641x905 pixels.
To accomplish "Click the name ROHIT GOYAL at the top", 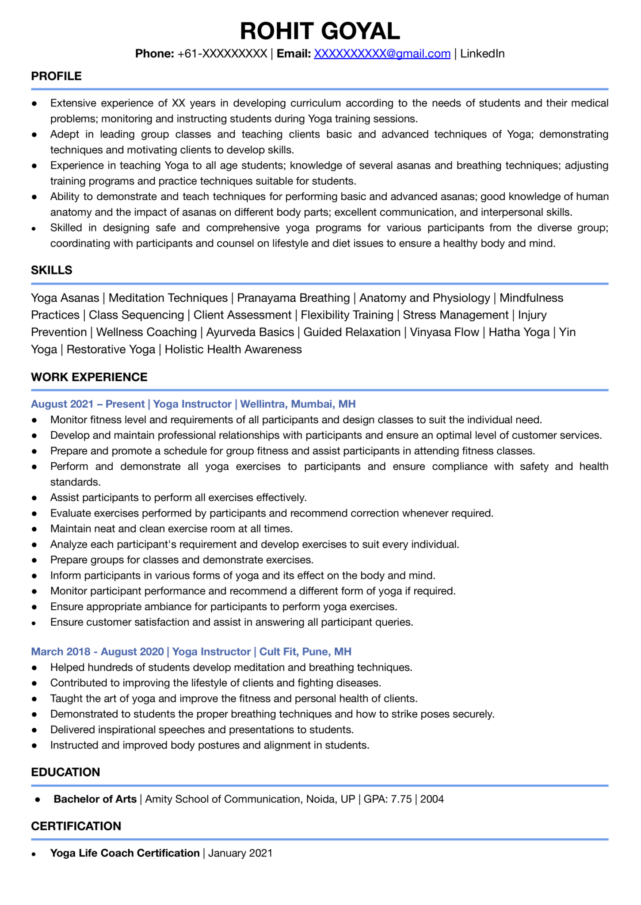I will tap(320, 31).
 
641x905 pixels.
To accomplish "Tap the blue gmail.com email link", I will tap(382, 53).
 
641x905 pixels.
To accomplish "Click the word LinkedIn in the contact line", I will tap(482, 53).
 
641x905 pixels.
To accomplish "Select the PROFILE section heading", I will tap(56, 76).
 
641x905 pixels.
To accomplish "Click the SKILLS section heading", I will tap(51, 270).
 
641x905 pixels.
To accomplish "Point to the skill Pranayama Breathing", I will tap(293, 298).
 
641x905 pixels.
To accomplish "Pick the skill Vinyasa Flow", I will tap(444, 332).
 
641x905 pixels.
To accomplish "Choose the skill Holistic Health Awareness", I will tap(233, 349).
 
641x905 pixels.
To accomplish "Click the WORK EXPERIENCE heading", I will tap(89, 377).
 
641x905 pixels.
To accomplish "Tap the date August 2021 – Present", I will tap(88, 404).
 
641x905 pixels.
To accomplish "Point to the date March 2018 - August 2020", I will tap(97, 651).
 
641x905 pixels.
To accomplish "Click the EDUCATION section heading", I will tap(65, 772).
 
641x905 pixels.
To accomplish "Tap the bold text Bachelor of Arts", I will tap(95, 799).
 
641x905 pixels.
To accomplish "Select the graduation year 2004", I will tap(432, 799).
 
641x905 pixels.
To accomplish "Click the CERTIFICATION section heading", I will tap(76, 826).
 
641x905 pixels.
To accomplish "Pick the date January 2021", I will tap(240, 853).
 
